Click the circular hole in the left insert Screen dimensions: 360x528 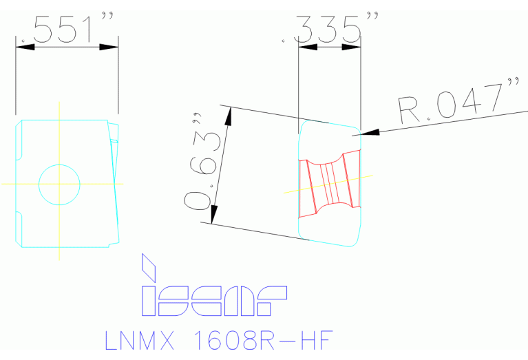59,184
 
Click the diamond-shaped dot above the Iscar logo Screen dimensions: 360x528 148,265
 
